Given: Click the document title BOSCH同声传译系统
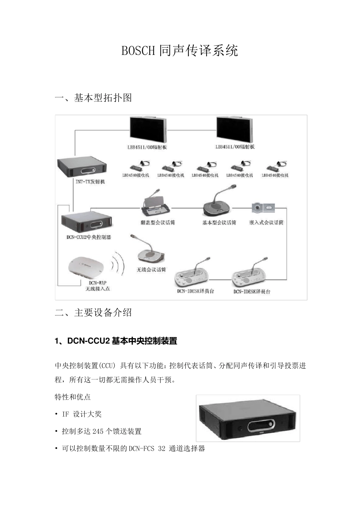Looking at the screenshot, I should tap(180, 50).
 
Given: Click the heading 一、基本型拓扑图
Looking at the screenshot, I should tap(93, 98).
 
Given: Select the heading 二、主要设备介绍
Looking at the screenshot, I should tap(93, 312).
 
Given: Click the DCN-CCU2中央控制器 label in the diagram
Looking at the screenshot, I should tap(89, 237).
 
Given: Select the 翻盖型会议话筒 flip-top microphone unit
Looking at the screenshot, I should tap(156, 206).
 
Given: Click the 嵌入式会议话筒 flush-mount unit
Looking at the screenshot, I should tap(263, 208).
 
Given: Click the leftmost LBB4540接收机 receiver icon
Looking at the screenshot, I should tap(137, 166).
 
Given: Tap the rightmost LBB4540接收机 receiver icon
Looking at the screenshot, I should tap(276, 166).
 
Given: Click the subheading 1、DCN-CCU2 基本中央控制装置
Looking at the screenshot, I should tap(116, 341).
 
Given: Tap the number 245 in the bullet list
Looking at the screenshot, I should tap(98, 431).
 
